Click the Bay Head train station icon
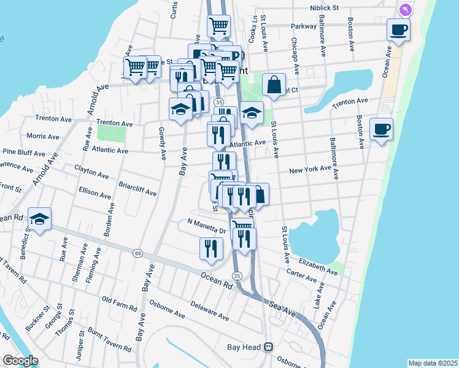tap(268, 347)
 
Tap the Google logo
tap(20, 361)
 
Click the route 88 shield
tap(137, 253)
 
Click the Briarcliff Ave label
tap(137, 189)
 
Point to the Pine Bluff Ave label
tap(23, 152)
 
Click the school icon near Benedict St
tap(39, 219)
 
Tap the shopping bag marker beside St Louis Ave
tap(274, 85)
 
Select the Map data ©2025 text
tap(433, 363)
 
